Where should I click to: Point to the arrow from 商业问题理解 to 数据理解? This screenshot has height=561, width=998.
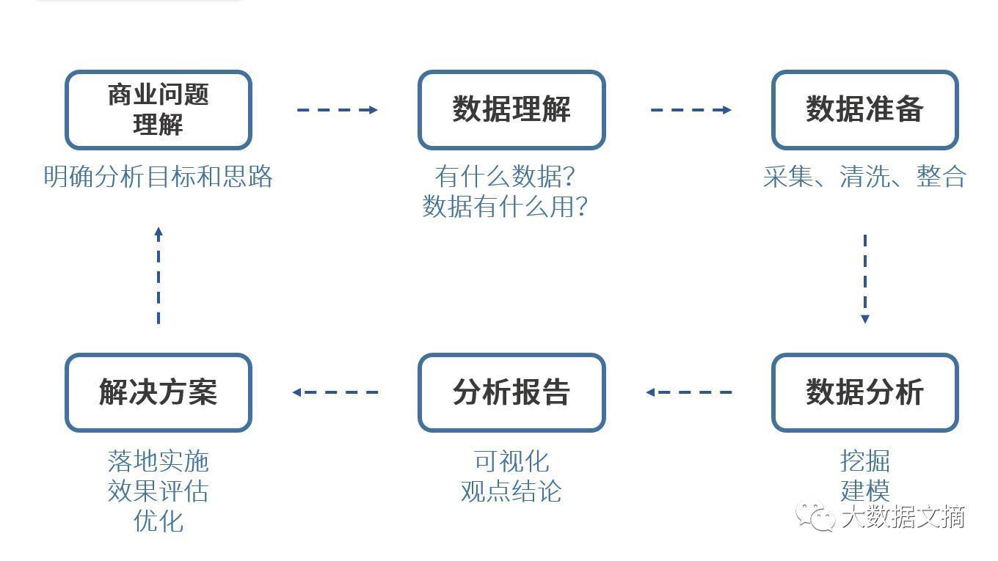(x=338, y=110)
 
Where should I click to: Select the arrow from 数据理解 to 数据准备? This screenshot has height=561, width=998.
(x=691, y=110)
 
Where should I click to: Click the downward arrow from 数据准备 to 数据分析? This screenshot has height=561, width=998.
(x=865, y=279)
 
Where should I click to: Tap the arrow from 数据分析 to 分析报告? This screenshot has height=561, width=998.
(x=689, y=392)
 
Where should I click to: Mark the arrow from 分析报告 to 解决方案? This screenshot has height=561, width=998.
(x=335, y=392)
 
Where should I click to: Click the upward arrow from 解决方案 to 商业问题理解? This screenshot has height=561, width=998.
(x=159, y=275)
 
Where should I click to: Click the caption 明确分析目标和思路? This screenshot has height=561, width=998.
(x=159, y=176)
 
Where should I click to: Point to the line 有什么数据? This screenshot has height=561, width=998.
(x=505, y=176)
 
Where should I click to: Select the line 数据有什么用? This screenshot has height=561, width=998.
(x=505, y=207)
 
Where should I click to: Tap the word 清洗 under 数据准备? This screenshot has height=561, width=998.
(x=864, y=176)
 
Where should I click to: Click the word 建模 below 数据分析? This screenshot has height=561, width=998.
(x=865, y=491)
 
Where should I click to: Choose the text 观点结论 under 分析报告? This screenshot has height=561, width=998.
(x=511, y=491)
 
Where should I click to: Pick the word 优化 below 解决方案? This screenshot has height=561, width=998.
(x=159, y=521)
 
